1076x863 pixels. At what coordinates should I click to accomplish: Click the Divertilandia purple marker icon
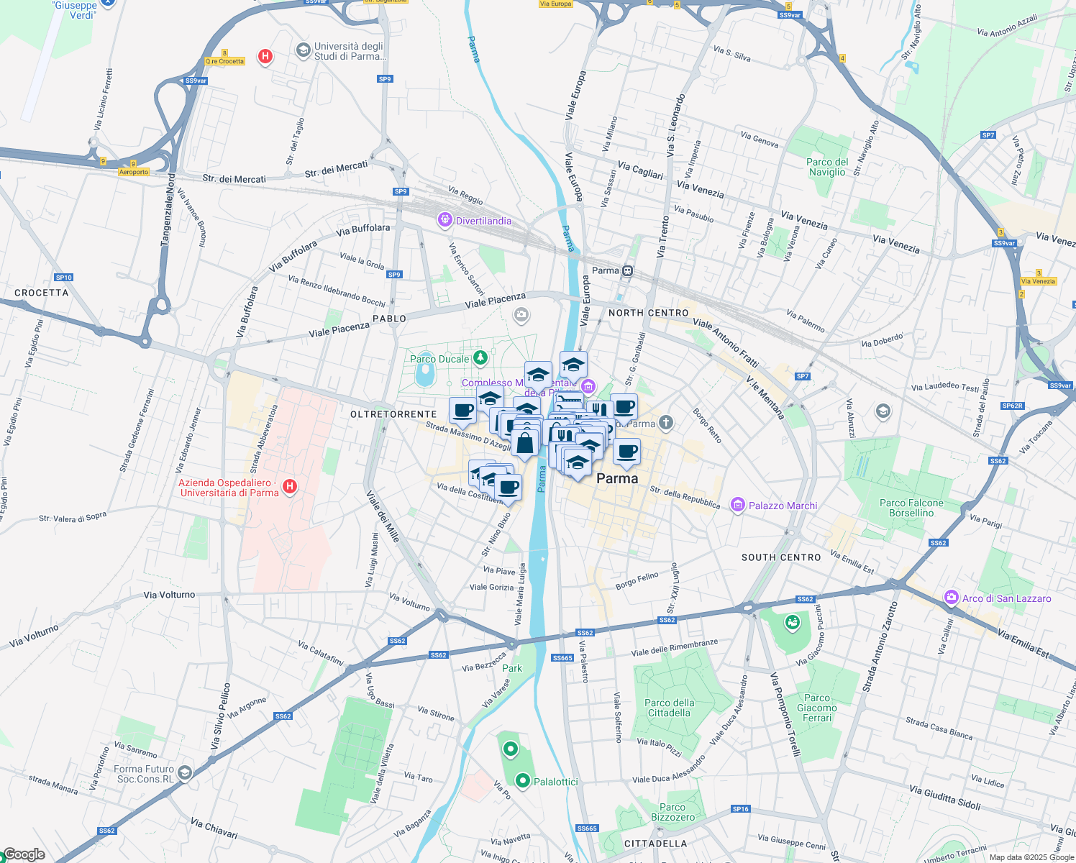(445, 220)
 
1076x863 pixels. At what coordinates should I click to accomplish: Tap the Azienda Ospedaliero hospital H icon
(290, 487)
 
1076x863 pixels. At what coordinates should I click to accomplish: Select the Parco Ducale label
(439, 359)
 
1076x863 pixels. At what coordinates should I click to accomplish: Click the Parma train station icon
(628, 270)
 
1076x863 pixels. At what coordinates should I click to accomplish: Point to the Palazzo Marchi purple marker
(737, 505)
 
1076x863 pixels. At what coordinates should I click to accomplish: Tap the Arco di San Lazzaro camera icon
(952, 598)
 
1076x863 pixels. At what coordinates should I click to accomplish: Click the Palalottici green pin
(523, 780)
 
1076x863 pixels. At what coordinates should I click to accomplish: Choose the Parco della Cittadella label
(670, 708)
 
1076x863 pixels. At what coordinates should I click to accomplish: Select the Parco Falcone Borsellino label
(911, 508)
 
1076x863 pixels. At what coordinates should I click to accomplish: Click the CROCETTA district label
(42, 293)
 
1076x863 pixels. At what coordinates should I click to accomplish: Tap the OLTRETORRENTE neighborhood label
(393, 414)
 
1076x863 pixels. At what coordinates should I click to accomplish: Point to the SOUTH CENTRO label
(781, 557)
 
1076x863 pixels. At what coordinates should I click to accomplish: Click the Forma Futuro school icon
(185, 772)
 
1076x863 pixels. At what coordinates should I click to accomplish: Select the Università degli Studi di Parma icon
(303, 50)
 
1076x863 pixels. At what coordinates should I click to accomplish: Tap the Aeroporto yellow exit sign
(134, 172)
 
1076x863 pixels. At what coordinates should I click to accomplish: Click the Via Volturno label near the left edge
(35, 636)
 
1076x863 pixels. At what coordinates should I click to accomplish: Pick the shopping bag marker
(525, 442)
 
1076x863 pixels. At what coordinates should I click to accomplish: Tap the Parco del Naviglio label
(827, 167)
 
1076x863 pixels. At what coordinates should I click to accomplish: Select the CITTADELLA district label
(655, 844)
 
